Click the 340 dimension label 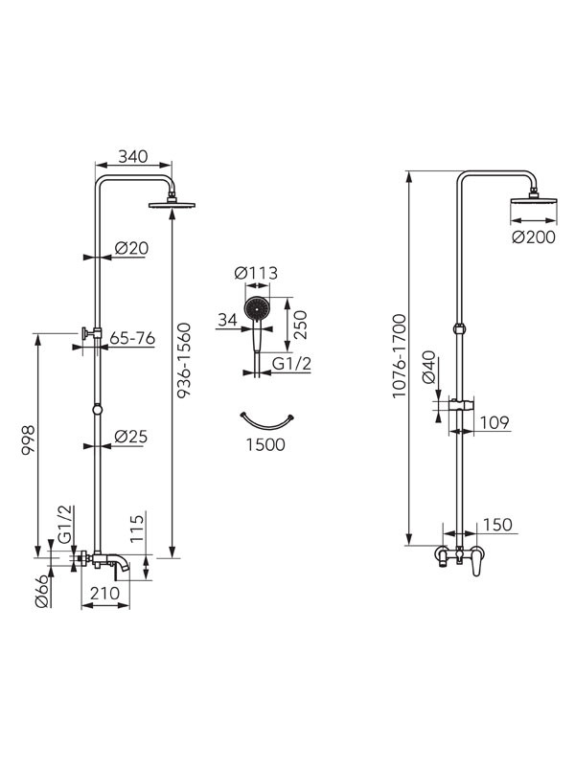(x=132, y=156)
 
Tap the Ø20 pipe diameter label (x=131, y=248)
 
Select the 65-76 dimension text (x=132, y=338)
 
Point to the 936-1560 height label (x=184, y=360)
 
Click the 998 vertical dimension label (x=29, y=440)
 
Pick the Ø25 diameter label (x=131, y=437)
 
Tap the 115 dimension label (x=137, y=528)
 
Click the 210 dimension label (x=104, y=593)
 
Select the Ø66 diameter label (x=42, y=591)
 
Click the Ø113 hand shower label (x=256, y=273)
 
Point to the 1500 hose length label (x=265, y=444)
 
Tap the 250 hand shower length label (x=300, y=325)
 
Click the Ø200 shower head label (x=534, y=237)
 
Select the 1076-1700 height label (x=400, y=355)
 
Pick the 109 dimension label (x=494, y=422)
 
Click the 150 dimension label (x=497, y=525)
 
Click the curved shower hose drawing (x=266, y=422)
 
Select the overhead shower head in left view (x=172, y=204)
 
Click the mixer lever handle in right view (x=477, y=564)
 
